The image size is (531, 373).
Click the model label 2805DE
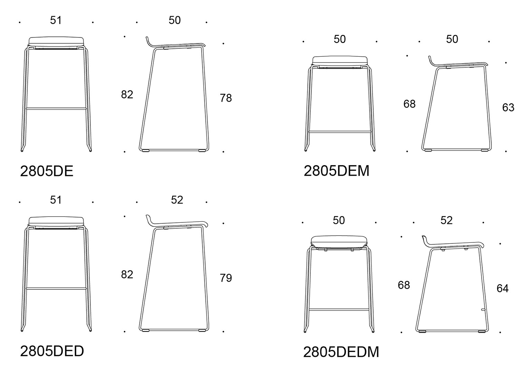tap(47, 171)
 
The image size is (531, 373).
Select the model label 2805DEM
tap(336, 171)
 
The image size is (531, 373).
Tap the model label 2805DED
tap(52, 351)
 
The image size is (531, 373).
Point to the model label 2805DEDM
tap(341, 352)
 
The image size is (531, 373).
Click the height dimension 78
tap(226, 98)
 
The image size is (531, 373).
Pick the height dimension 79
tap(226, 278)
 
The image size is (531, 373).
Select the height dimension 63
tap(508, 108)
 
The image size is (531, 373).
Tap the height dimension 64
tap(502, 288)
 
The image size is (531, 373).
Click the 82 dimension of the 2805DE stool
tap(127, 95)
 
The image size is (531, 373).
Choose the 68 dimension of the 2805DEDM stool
tap(404, 285)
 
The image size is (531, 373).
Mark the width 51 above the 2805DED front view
tap(56, 200)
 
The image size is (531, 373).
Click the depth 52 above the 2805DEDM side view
tap(446, 220)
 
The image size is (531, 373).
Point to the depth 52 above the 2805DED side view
tap(177, 200)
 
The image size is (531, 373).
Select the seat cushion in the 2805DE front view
tap(56, 41)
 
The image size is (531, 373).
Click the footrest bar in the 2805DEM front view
tap(340, 132)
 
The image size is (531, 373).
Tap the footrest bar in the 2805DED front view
tap(56, 288)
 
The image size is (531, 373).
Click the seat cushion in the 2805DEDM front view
tap(339, 241)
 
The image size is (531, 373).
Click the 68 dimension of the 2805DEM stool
tap(409, 104)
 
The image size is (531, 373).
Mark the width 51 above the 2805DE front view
tap(56, 20)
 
